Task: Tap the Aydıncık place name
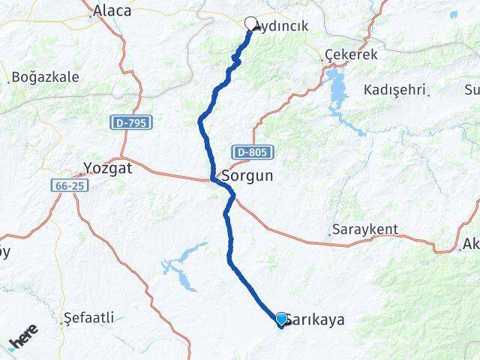282,26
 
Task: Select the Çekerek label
351,55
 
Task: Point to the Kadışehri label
394,90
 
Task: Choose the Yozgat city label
109,169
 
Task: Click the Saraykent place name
366,229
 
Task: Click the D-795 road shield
131,121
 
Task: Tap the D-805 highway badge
251,152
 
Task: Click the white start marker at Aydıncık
250,23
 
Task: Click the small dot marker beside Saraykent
330,234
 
